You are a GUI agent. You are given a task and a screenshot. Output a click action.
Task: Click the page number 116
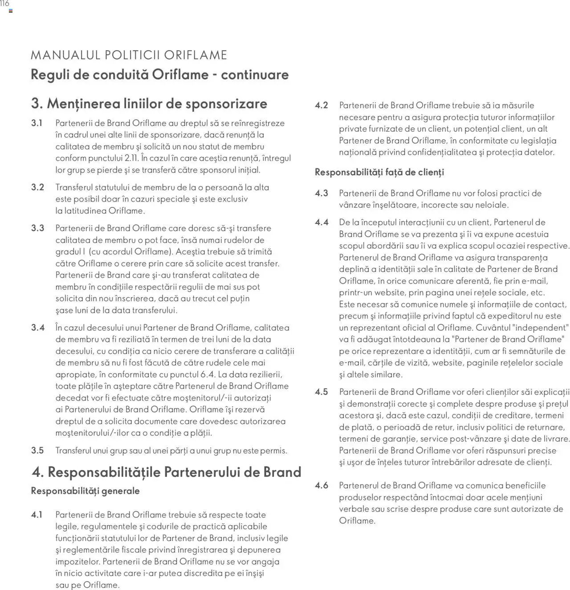coord(4,4)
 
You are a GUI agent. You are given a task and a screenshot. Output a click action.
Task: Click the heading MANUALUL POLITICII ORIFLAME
coord(129,55)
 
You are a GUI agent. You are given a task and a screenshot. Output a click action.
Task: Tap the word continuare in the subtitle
coord(255,74)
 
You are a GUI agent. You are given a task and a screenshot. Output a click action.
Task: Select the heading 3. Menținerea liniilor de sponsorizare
coord(149,104)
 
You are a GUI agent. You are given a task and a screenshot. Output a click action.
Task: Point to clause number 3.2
coord(37,187)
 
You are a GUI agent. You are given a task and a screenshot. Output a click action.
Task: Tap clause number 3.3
coord(37,228)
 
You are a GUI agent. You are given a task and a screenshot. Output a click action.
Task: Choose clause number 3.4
coord(38,328)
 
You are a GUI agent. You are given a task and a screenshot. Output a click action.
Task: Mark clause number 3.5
coord(37,451)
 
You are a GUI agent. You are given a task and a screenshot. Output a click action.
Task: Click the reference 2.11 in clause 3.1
coord(131,158)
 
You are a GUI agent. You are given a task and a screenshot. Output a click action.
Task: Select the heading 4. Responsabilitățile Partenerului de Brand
coord(166,472)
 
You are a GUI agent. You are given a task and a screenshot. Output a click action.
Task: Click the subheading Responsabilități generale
coord(85,491)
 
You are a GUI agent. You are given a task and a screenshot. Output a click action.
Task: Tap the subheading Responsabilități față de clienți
coord(379,172)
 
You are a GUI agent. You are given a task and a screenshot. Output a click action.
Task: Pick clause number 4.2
coord(322,105)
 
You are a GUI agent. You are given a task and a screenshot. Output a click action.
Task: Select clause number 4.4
coord(322,222)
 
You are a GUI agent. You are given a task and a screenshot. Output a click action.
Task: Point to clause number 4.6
coord(322,486)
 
